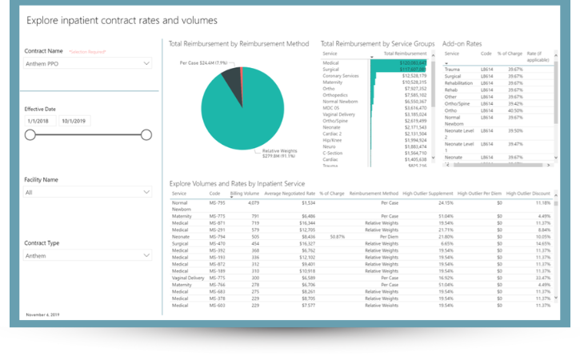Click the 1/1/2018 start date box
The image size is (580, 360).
(40, 121)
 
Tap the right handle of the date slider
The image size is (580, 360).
(146, 135)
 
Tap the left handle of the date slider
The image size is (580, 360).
(30, 135)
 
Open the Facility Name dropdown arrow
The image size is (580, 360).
(146, 192)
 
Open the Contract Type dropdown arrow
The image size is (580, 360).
(146, 255)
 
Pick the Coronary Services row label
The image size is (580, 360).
(339, 75)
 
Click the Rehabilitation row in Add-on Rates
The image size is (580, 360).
(458, 82)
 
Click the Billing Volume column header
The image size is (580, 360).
(245, 194)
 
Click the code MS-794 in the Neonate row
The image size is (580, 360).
(216, 237)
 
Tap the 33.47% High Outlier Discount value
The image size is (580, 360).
(541, 278)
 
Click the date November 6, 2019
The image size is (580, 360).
(42, 315)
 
